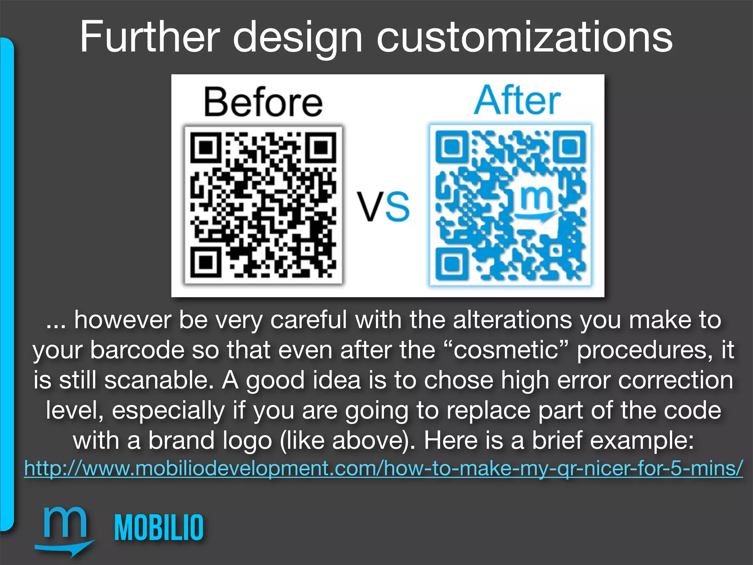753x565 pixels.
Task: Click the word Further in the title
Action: (149, 37)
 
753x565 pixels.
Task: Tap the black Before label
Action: (263, 102)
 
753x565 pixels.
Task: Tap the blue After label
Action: (517, 100)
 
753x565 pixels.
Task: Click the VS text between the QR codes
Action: (383, 206)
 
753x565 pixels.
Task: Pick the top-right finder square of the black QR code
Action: (321, 148)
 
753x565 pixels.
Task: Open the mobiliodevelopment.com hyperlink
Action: (383, 468)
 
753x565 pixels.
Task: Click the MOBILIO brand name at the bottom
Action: (159, 527)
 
